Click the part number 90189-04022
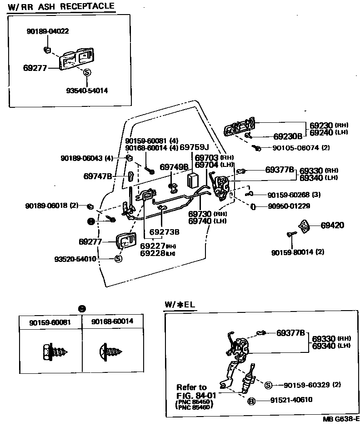coord(48,31)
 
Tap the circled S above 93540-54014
coord(87,72)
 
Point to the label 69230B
coord(288,136)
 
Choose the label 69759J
coord(194,147)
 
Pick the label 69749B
coord(174,167)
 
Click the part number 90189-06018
coord(46,206)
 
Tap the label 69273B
coord(165,231)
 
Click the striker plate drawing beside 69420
coord(304,226)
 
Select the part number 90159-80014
coord(293,251)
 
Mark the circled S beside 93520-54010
coord(118,259)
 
